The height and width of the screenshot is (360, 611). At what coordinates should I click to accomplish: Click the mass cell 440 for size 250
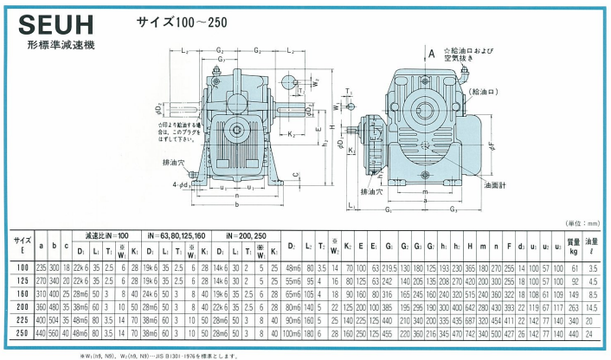[x=572, y=331]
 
